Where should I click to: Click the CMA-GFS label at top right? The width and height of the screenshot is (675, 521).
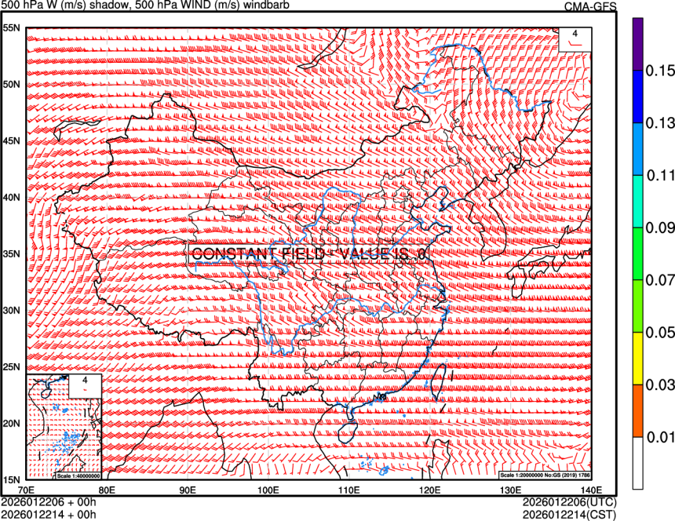click(x=590, y=7)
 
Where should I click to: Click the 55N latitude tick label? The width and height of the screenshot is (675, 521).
click(x=12, y=28)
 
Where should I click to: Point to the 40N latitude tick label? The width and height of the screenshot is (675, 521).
click(x=12, y=198)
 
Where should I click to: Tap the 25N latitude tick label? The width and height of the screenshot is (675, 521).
click(x=12, y=367)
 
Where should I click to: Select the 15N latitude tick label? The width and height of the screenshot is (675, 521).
click(x=12, y=479)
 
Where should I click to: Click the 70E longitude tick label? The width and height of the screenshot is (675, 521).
click(x=27, y=489)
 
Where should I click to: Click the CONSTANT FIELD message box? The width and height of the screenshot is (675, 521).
click(x=310, y=254)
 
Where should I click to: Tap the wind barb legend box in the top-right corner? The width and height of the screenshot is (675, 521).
click(x=575, y=38)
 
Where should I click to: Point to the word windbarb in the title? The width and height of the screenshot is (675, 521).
click(x=274, y=5)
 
